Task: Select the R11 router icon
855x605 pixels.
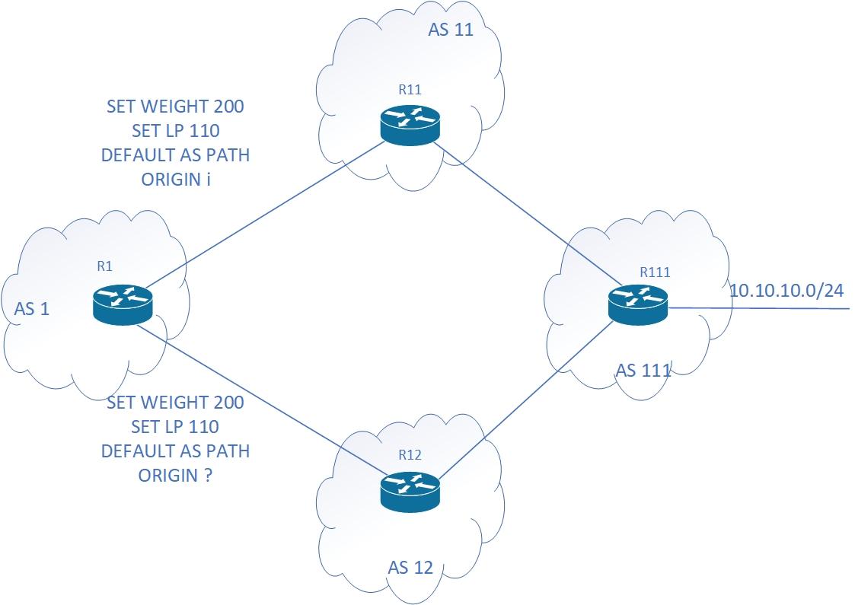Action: click(x=410, y=125)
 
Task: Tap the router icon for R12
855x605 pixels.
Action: click(x=410, y=490)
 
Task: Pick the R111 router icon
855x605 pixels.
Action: click(x=638, y=303)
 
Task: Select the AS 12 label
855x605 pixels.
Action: click(x=410, y=568)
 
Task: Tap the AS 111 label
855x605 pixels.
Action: click(x=643, y=371)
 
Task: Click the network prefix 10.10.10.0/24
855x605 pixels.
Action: click(x=786, y=290)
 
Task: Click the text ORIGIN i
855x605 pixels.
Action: click(x=175, y=180)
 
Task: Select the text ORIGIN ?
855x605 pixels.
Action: click(x=175, y=476)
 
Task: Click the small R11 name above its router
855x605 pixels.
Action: click(x=410, y=90)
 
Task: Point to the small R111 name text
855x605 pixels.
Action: click(x=655, y=271)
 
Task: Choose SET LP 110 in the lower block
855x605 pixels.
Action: click(x=175, y=426)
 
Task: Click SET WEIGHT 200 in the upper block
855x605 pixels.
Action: click(x=175, y=107)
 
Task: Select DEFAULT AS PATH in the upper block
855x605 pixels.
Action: click(x=175, y=156)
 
